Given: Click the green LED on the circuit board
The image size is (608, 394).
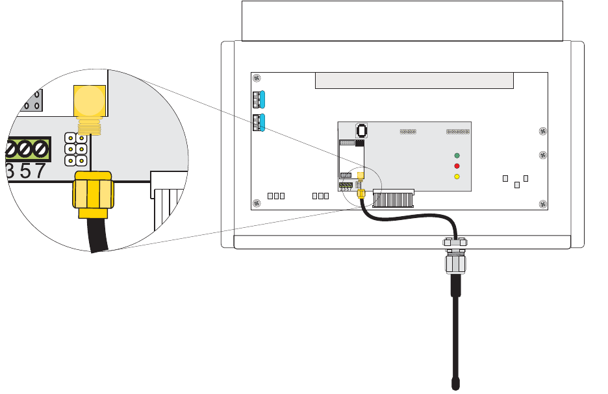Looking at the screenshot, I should [x=457, y=156].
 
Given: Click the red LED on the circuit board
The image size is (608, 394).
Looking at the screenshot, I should [x=457, y=166].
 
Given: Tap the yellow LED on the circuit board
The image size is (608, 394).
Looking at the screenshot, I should [x=457, y=177].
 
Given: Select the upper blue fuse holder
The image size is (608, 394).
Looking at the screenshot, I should [x=260, y=99].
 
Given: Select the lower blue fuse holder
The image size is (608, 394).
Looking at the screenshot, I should [x=260, y=121].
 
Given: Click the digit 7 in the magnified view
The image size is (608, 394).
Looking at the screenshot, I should [x=41, y=171].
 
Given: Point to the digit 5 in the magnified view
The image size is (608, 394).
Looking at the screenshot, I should [x=25, y=171].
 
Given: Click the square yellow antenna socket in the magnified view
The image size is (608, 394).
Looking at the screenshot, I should [x=89, y=100].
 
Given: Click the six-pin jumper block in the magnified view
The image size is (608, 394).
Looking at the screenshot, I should [x=77, y=148].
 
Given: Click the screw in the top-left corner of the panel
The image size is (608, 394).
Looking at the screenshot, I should [x=258, y=79].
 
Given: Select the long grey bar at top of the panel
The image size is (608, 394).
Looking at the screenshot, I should [x=414, y=81].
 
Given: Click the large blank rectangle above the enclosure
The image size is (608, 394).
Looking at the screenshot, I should [x=401, y=21].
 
